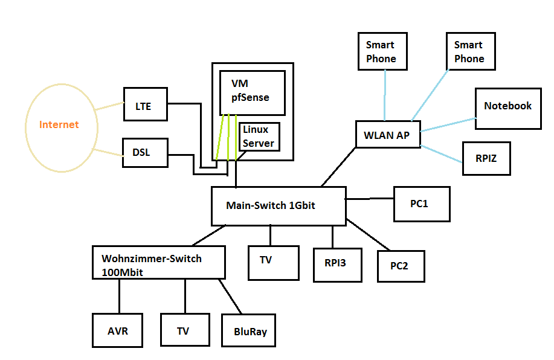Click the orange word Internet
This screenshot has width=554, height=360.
click(x=59, y=125)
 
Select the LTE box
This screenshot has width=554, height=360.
click(x=146, y=106)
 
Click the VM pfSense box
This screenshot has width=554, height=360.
click(x=251, y=92)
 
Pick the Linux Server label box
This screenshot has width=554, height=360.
click(x=259, y=137)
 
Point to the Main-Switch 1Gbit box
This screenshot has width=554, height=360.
click(x=278, y=205)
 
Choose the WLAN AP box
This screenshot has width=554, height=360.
click(x=387, y=135)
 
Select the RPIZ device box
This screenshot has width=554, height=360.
click(x=486, y=158)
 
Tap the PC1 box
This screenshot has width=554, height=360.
click(x=422, y=204)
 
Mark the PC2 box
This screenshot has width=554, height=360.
click(x=401, y=265)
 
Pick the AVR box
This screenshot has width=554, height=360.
click(x=118, y=330)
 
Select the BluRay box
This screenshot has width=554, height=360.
click(x=248, y=331)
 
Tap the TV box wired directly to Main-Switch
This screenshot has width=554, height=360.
click(x=273, y=262)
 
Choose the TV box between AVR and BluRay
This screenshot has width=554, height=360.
click(x=185, y=330)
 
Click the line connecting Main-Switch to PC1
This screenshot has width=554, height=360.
click(x=370, y=198)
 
